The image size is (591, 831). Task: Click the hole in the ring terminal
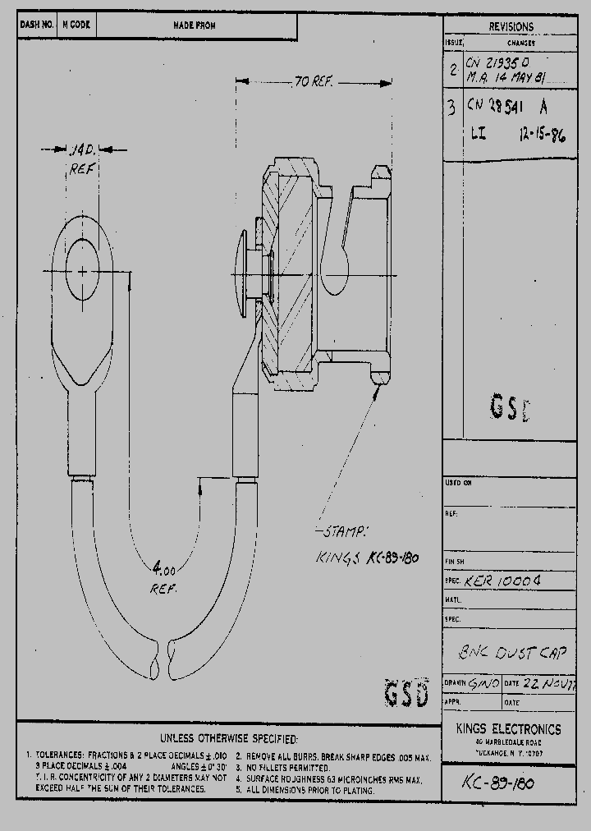(x=83, y=270)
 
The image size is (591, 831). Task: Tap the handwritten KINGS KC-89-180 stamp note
(x=368, y=558)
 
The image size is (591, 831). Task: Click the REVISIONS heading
(x=510, y=27)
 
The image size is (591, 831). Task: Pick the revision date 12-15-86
(x=543, y=135)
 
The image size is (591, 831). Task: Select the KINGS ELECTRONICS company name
(x=509, y=729)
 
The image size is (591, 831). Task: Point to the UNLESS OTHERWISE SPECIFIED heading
(x=229, y=739)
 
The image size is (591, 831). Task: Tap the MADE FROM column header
(x=195, y=25)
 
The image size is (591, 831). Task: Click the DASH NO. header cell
(x=36, y=25)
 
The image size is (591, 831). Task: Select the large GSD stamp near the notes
(x=406, y=694)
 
